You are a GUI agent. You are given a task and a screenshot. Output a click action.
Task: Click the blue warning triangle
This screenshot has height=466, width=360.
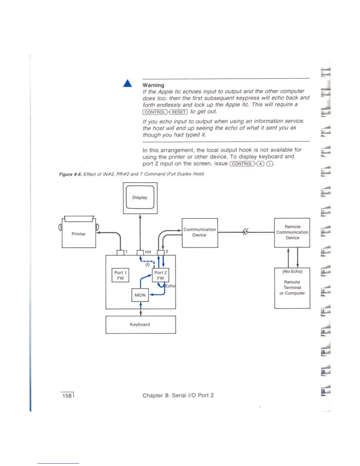coord(128,84)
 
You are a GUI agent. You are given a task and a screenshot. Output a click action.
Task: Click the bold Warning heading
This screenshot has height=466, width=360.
coord(153,85)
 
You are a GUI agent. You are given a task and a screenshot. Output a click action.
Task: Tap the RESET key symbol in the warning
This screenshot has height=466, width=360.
coord(179,112)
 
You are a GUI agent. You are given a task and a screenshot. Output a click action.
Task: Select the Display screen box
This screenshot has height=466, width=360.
coord(140,197)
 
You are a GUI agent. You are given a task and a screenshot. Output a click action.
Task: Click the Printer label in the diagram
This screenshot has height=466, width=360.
coord(79,234)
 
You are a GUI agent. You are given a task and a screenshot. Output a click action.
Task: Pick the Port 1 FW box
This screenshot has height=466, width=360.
coord(120,275)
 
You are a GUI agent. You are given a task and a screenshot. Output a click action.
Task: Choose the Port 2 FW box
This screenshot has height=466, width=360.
coord(160,275)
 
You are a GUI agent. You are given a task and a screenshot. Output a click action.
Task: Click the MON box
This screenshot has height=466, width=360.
coord(140,295)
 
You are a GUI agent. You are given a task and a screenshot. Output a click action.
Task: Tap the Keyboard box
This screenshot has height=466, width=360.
coord(141,324)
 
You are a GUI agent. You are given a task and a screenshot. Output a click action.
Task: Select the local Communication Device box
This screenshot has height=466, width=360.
coord(200,232)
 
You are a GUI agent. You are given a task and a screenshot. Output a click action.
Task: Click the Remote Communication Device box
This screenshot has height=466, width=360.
coord(292,232)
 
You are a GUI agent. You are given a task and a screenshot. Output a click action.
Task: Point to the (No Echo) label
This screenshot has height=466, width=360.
coord(292,272)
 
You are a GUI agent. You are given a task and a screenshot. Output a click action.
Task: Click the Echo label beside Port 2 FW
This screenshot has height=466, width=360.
coord(170,286)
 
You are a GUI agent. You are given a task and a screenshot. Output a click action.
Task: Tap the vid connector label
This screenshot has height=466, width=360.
coord(148,252)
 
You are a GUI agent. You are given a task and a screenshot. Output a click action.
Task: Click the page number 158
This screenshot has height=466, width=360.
coord(67,396)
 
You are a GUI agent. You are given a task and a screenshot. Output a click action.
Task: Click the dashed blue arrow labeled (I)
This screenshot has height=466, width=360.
coord(147,261)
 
